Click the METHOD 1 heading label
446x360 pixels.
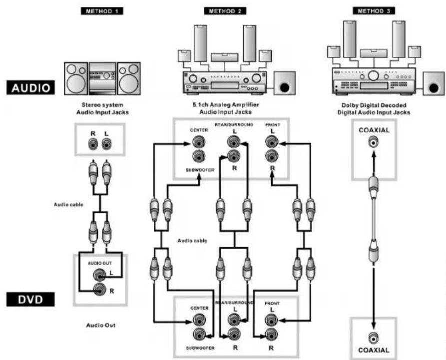(102, 11)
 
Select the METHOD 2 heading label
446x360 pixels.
(225, 11)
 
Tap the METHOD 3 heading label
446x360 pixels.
(374, 11)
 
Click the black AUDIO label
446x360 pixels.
(30, 87)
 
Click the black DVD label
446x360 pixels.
(30, 300)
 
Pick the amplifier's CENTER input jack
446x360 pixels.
(199, 142)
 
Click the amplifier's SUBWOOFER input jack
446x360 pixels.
(199, 156)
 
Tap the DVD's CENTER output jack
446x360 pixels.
(199, 320)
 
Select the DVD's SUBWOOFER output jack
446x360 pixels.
(199, 334)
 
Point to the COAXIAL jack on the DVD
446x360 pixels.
(374, 338)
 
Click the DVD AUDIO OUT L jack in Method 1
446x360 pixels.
(99, 275)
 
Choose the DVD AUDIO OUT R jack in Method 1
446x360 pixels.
(99, 290)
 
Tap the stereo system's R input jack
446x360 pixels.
(93, 144)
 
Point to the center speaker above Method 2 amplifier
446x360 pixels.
(224, 57)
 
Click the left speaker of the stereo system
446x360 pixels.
(76, 78)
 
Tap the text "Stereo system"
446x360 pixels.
(102, 105)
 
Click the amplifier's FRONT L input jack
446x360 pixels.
(272, 141)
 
